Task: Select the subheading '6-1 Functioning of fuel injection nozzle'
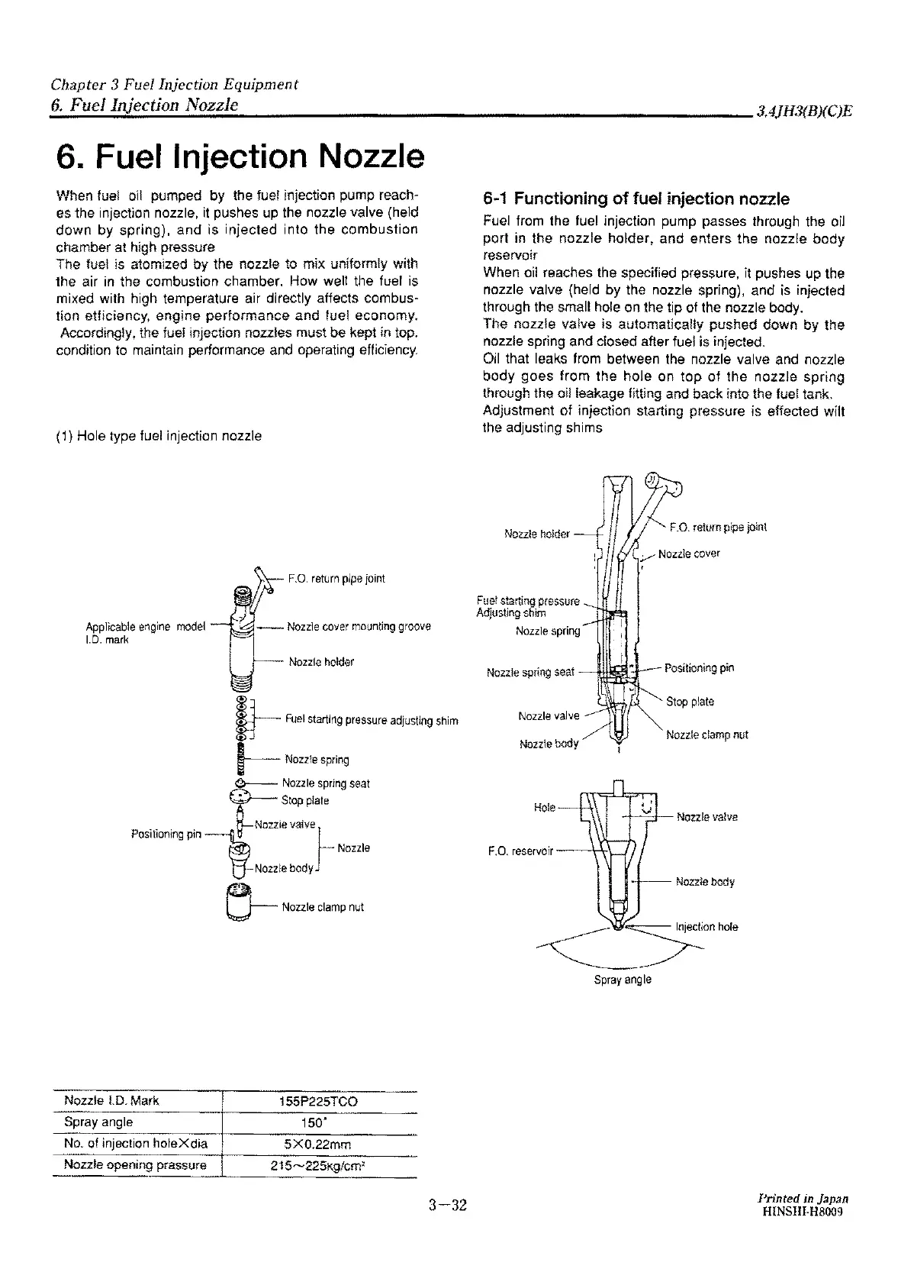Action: point(636,200)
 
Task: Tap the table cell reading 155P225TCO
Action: point(318,1102)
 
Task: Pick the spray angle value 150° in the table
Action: point(318,1123)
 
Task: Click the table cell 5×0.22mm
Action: point(318,1145)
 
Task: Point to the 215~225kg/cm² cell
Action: point(318,1166)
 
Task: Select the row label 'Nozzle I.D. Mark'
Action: point(111,1101)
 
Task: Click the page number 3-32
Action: point(446,1206)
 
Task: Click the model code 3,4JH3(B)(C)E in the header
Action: point(803,111)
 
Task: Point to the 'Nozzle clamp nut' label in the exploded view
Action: point(323,907)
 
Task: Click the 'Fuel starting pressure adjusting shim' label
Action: point(371,720)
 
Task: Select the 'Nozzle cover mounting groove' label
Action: point(359,626)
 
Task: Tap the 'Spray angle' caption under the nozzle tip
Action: point(623,980)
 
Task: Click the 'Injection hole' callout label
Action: point(706,927)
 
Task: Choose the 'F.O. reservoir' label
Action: point(520,849)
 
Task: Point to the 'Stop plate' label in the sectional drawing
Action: point(690,702)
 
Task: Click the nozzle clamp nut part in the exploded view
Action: point(240,902)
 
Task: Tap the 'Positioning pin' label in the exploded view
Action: point(166,834)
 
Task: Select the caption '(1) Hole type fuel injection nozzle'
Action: point(159,436)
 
